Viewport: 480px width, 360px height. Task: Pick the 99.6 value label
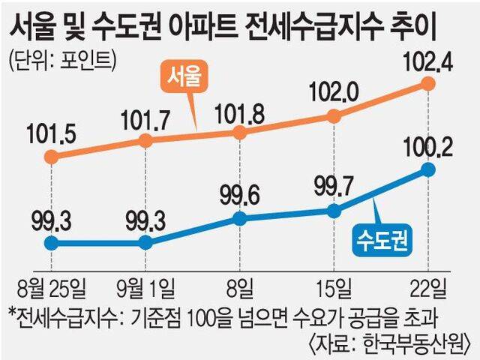pyautogui.click(x=239, y=196)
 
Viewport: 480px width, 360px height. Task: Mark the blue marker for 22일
pyautogui.click(x=428, y=169)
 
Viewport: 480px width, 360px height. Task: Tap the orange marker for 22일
pyautogui.click(x=428, y=83)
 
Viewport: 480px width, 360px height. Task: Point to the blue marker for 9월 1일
pyautogui.click(x=146, y=242)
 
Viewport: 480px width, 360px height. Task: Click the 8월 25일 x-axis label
pyautogui.click(x=50, y=286)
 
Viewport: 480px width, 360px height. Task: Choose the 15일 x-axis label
pyautogui.click(x=333, y=286)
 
